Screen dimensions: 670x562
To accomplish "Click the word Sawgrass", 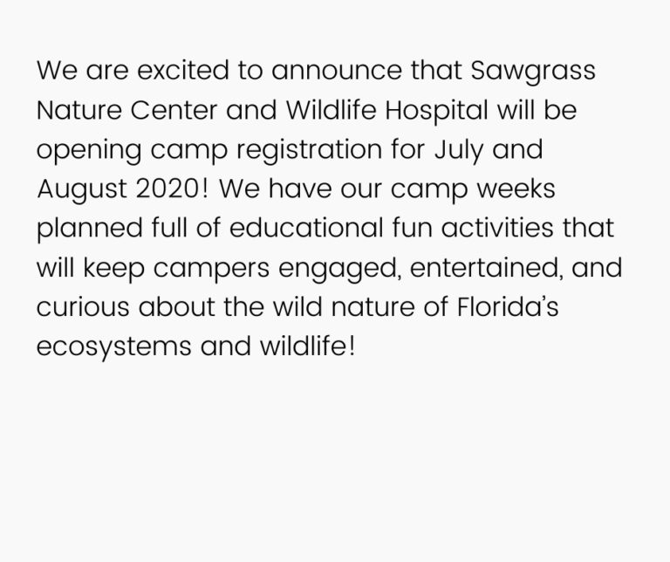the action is coord(533,72).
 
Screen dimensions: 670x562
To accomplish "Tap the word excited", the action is coord(183,70).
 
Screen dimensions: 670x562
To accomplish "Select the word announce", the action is coord(337,71).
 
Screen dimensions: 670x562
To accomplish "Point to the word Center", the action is coord(174,110).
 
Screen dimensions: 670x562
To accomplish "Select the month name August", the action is coord(82,189).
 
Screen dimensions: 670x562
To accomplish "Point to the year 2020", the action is coord(167,188).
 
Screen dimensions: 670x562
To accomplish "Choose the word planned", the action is coord(90,229).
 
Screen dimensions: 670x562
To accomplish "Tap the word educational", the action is coord(306,228).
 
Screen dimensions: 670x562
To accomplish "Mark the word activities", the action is coord(497,228).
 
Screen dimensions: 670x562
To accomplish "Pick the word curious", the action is coord(83,307).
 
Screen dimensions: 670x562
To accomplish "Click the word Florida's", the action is coord(508,307).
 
